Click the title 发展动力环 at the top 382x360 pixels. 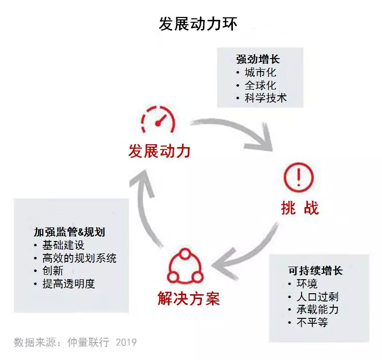click(x=198, y=24)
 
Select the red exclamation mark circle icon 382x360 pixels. click(x=299, y=178)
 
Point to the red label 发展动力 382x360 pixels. click(x=159, y=151)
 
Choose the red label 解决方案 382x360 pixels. click(x=189, y=299)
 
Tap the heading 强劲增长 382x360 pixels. click(x=258, y=59)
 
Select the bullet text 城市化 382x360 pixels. click(x=260, y=72)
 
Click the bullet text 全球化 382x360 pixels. click(x=260, y=85)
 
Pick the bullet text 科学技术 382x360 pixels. click(x=266, y=98)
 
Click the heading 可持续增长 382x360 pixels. click(x=316, y=270)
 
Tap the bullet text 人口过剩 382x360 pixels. click(x=318, y=297)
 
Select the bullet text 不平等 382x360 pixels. click(x=312, y=322)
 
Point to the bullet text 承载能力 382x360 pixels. click(x=318, y=309)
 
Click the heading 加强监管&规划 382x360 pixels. click(x=69, y=232)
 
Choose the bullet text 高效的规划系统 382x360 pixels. click(x=79, y=258)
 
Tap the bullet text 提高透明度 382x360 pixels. click(x=69, y=284)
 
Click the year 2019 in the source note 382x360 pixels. click(x=126, y=342)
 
